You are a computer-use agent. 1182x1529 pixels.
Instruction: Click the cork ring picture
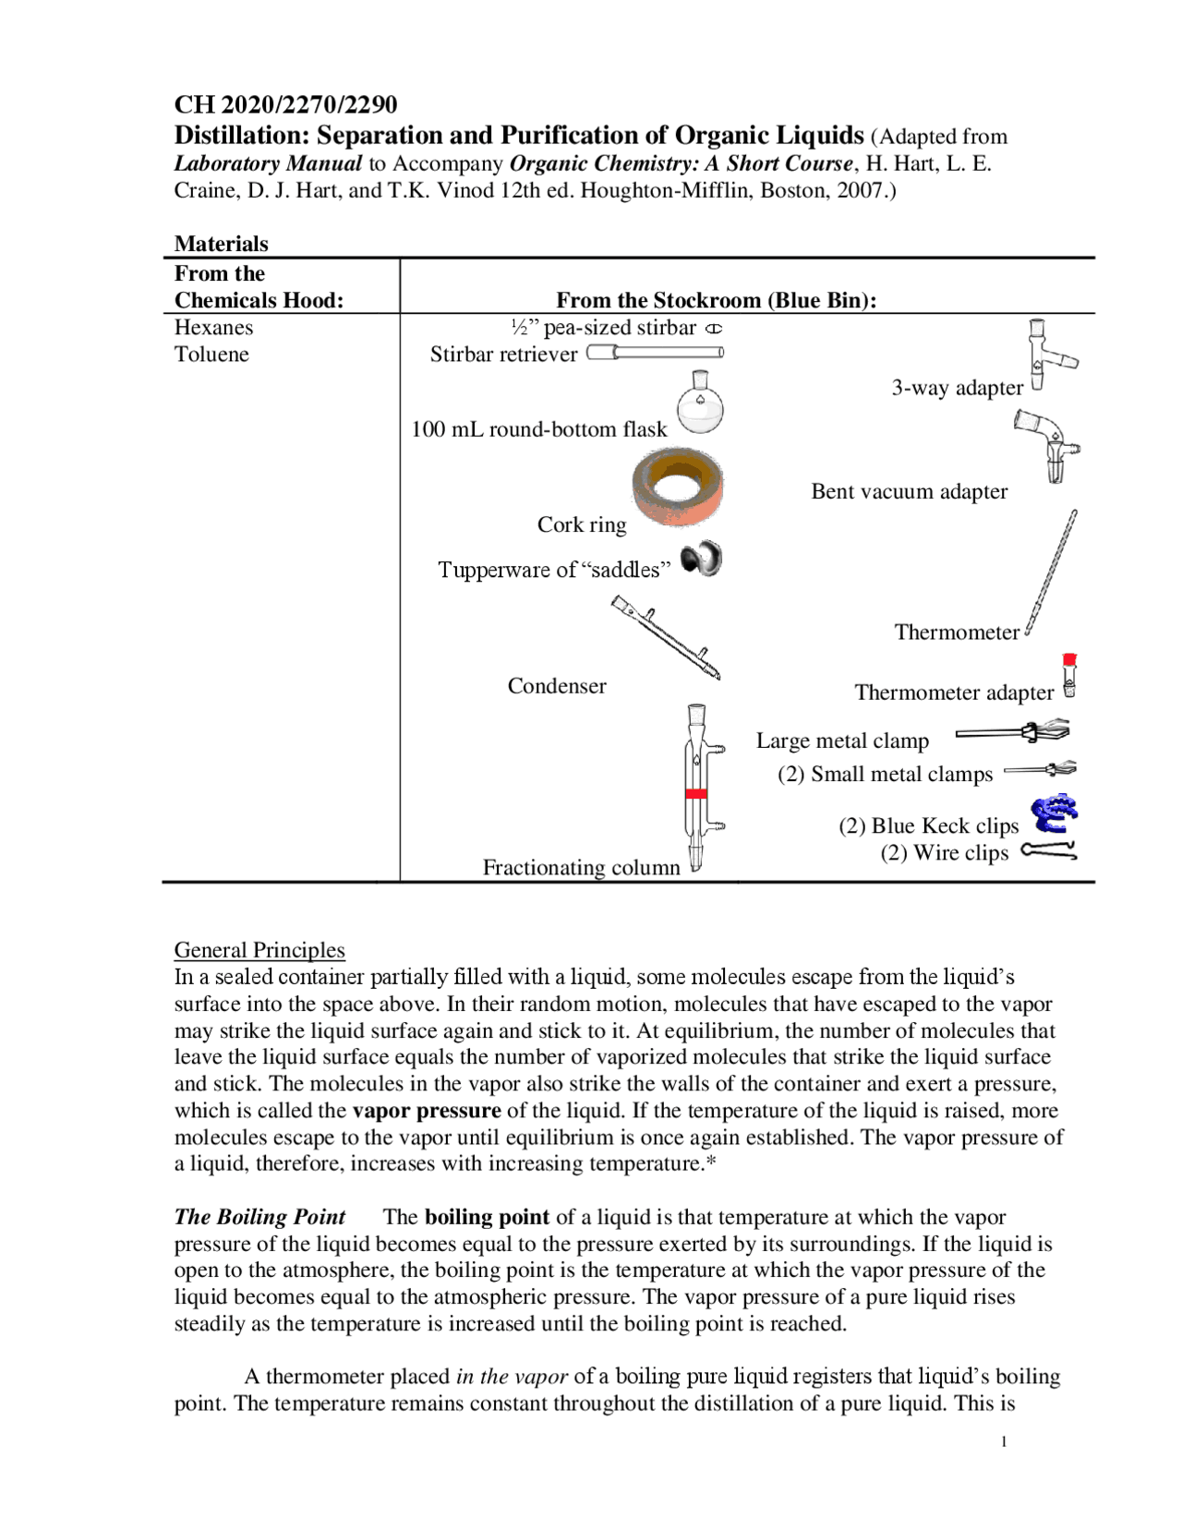click(x=678, y=488)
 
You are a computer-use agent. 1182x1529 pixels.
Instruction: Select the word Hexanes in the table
click(x=213, y=328)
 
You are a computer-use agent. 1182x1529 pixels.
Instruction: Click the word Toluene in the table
click(x=211, y=355)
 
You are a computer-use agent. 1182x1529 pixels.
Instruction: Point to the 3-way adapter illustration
click(x=1047, y=355)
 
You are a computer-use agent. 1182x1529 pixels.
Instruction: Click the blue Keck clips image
click(x=1055, y=813)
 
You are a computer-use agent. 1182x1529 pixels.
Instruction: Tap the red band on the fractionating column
click(x=696, y=794)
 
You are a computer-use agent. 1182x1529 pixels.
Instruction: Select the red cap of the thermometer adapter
click(x=1069, y=660)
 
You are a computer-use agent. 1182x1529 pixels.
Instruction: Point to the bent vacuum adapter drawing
click(x=1051, y=445)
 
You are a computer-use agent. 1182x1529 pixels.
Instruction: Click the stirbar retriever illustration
click(x=655, y=353)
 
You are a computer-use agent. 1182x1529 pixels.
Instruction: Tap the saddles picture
click(x=701, y=560)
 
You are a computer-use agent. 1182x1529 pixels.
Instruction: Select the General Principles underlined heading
click(x=259, y=950)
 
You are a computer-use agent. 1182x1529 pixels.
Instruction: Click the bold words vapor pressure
click(x=427, y=1111)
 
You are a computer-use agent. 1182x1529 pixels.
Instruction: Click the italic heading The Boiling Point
click(x=259, y=1217)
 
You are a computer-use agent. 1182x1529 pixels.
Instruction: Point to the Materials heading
click(x=221, y=244)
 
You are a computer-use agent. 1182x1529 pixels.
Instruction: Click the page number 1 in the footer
click(x=1004, y=1442)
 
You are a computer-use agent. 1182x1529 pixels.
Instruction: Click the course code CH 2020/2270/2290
click(x=285, y=104)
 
